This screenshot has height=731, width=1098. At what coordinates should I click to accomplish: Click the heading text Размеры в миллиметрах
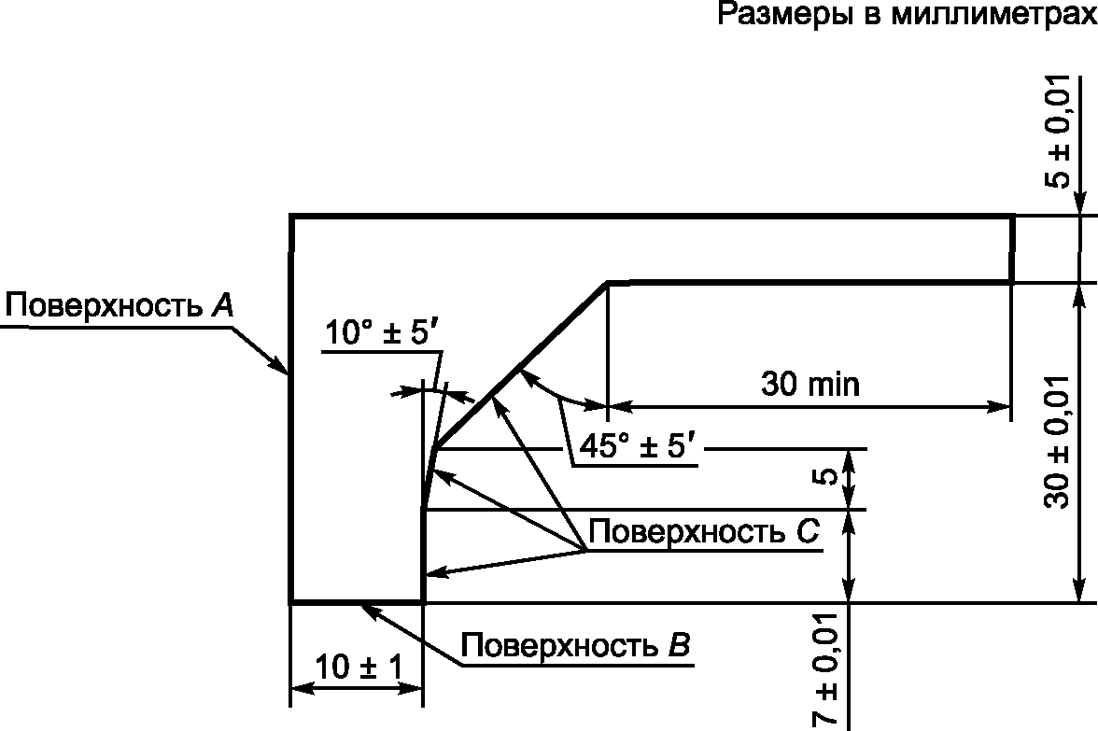(x=906, y=16)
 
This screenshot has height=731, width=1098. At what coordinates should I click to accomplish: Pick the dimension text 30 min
(x=809, y=384)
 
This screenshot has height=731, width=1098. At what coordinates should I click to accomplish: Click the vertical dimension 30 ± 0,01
(x=1057, y=443)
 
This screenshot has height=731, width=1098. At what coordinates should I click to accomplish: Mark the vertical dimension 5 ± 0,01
(x=1057, y=131)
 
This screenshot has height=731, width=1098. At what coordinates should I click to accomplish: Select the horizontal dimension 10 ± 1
(x=358, y=668)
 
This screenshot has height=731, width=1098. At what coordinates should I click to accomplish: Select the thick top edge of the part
(x=654, y=218)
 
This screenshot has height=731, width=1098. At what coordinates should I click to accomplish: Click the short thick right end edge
(x=1012, y=249)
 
